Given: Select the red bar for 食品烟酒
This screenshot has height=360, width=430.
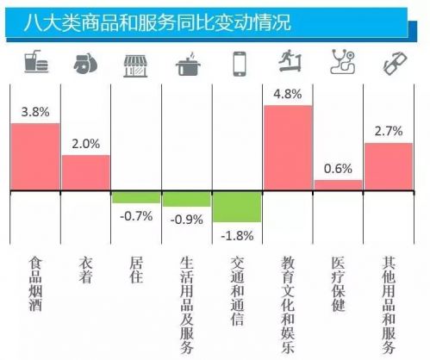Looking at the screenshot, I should click(x=34, y=157).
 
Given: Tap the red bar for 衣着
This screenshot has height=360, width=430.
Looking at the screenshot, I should click(x=85, y=173).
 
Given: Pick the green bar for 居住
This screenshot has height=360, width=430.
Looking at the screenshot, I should click(x=136, y=197).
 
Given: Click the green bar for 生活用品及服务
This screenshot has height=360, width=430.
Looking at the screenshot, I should click(x=186, y=199).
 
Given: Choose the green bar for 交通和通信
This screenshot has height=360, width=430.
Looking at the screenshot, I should click(x=237, y=207).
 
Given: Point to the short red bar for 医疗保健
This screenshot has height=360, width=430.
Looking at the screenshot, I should click(x=338, y=185).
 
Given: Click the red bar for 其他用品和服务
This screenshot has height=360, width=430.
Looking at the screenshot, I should click(x=389, y=166).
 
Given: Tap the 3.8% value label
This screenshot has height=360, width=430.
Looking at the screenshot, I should click(x=34, y=111).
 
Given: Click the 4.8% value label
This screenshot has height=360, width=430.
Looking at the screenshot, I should click(x=288, y=93).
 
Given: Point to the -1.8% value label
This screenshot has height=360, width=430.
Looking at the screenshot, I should click(x=237, y=235).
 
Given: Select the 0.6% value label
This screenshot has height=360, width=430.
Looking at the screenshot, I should click(x=338, y=168).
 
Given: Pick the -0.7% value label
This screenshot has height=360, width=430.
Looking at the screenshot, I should click(x=136, y=215).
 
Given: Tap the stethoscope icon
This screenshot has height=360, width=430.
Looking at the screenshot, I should click(x=340, y=62).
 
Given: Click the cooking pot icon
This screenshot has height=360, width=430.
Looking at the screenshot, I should click(x=187, y=65).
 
